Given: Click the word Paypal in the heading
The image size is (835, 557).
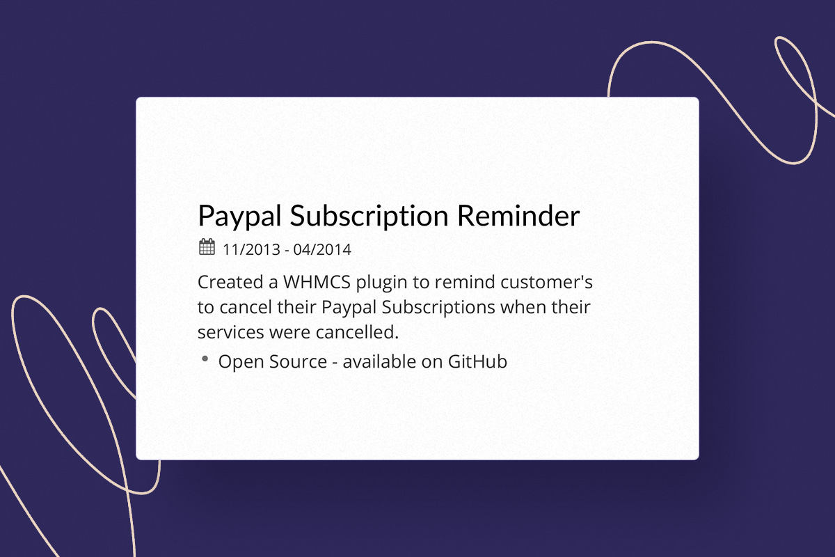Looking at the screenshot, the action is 239,217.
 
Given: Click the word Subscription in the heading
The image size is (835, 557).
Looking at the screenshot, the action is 369,217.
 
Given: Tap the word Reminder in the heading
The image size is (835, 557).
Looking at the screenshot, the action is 518,216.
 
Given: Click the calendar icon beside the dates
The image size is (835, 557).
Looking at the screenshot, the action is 207,246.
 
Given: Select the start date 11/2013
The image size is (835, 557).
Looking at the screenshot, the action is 251,249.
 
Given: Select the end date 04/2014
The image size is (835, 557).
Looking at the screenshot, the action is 322,249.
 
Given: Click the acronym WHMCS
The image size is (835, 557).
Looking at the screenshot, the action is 317,282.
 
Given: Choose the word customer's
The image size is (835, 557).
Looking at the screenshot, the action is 546,282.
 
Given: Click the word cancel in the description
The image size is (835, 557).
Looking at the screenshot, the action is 246,308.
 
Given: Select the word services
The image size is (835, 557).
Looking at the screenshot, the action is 231,332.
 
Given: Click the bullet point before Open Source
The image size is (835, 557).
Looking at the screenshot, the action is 205,359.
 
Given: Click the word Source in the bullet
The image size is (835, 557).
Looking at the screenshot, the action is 299,362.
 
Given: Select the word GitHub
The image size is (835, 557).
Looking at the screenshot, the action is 477,361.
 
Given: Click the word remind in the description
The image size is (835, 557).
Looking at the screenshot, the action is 465,282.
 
